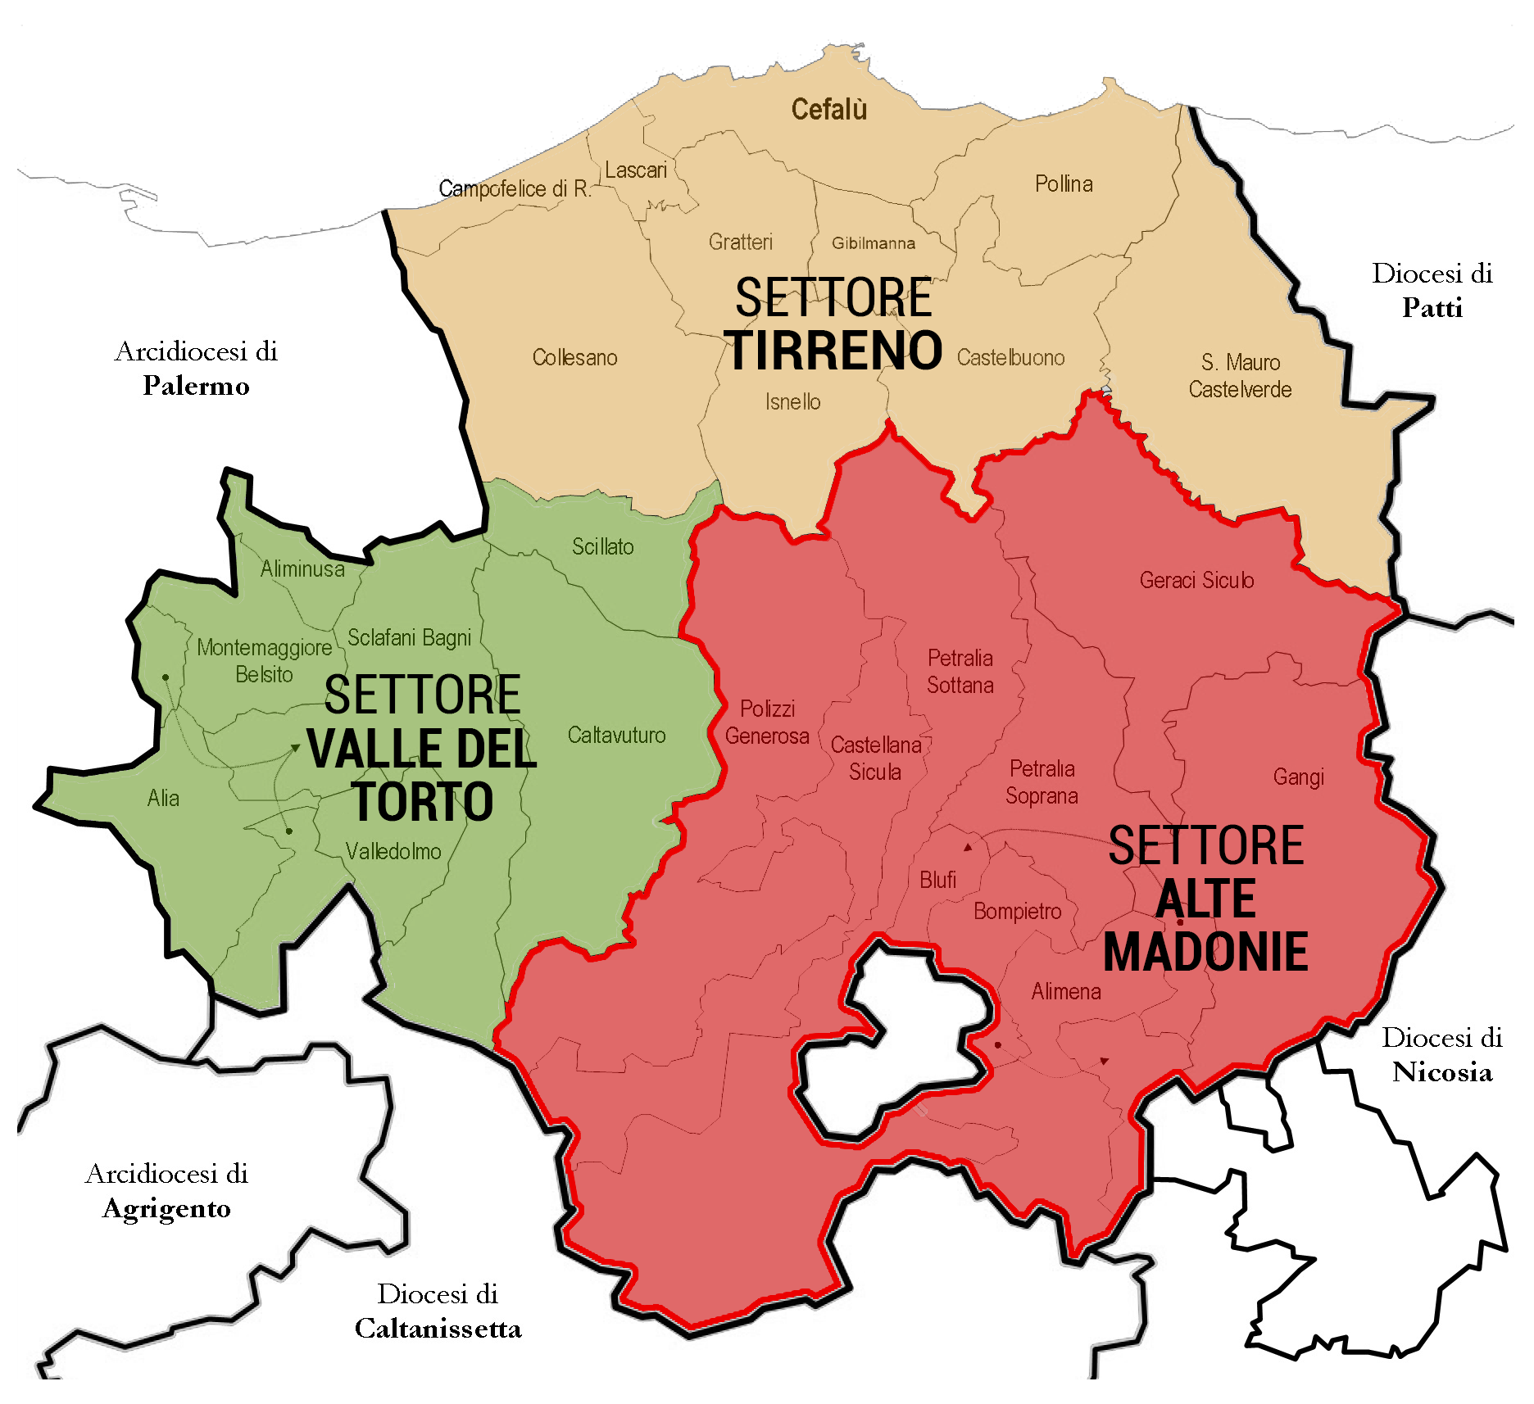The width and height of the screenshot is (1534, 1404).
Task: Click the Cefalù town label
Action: [x=828, y=110]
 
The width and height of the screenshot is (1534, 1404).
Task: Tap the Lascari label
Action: [x=636, y=170]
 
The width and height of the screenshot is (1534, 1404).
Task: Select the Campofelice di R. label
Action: [x=515, y=189]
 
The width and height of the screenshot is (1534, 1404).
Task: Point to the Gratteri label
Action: [x=741, y=242]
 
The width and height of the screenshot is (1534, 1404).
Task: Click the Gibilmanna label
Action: [x=874, y=243]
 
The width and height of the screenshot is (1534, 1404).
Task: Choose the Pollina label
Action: [x=1064, y=183]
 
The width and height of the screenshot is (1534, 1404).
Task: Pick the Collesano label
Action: [x=574, y=358]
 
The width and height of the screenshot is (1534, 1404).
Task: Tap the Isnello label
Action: [x=792, y=402]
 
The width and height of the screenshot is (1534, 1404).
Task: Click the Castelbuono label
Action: [x=1010, y=358]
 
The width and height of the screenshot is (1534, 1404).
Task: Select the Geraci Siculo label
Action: [x=1196, y=581]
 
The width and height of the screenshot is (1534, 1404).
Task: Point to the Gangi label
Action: [x=1298, y=777]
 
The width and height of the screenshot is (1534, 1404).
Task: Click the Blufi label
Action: [x=937, y=881]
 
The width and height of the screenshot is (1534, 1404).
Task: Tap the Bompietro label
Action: [x=1017, y=912]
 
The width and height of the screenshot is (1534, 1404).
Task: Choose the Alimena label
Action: [x=1065, y=992]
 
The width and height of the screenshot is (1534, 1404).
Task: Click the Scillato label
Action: [x=602, y=547]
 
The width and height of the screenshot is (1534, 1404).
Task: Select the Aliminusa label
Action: [x=302, y=569]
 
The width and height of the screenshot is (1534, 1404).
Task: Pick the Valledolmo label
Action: [x=393, y=852]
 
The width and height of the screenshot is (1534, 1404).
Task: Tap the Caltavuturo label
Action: [x=616, y=736]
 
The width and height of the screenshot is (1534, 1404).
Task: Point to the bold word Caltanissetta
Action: [x=438, y=1329]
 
